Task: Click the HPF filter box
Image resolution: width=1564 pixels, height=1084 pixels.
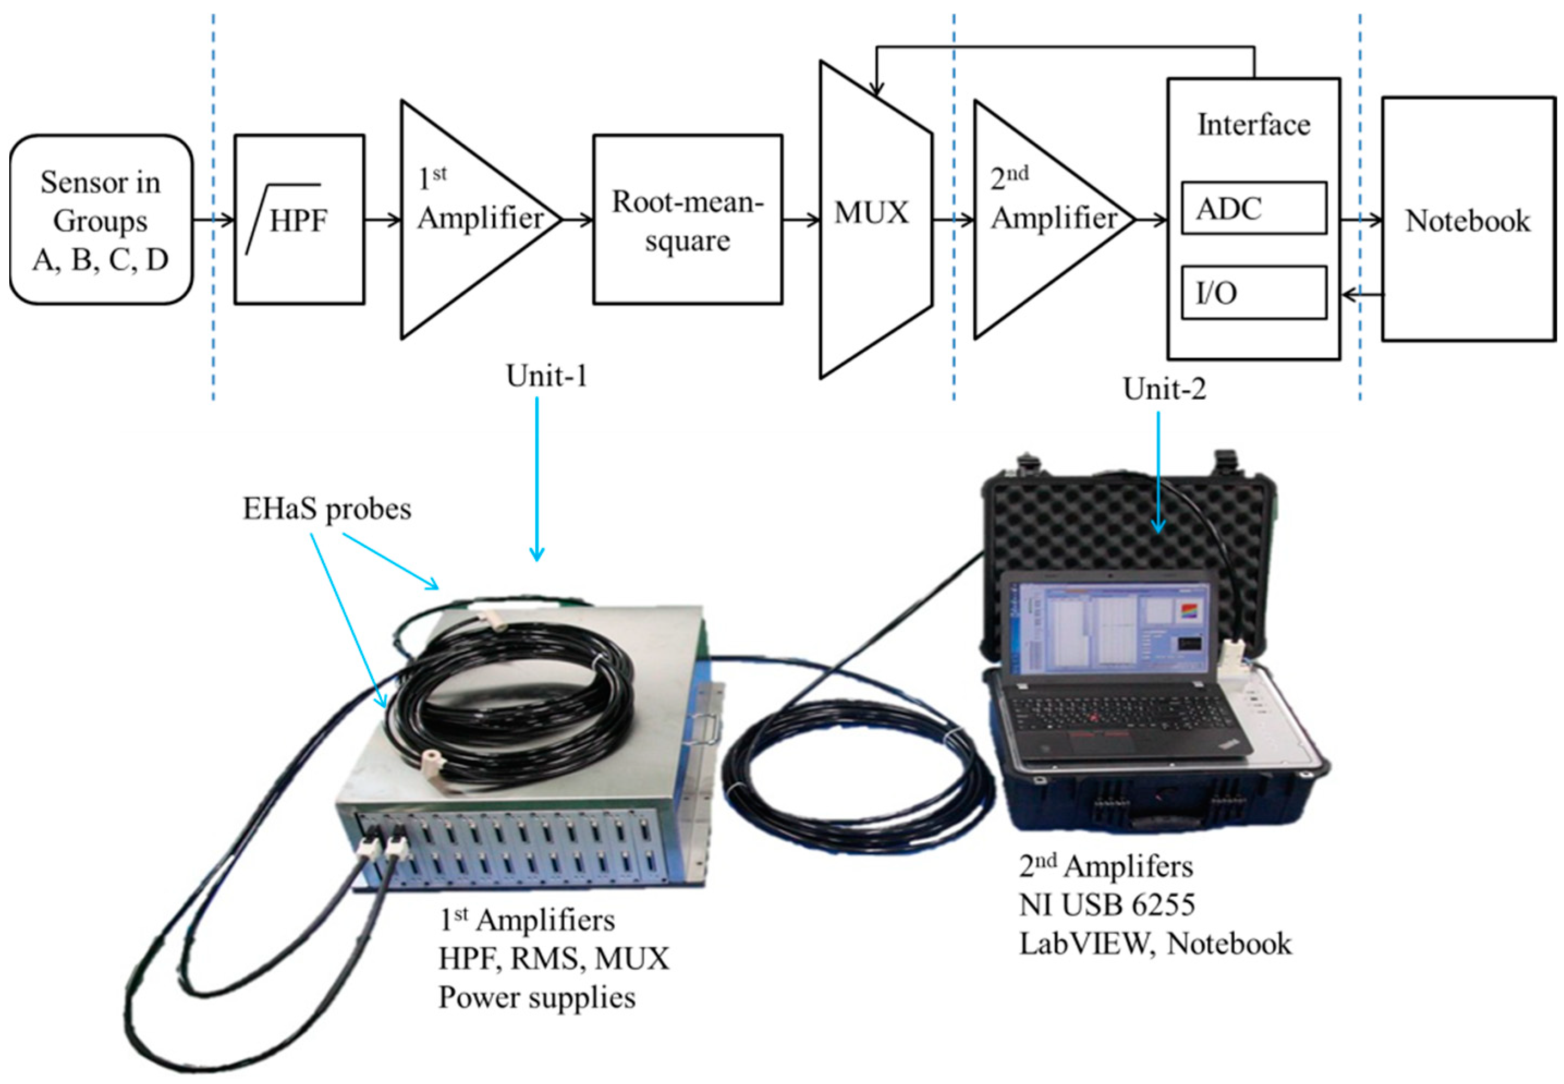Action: point(299,219)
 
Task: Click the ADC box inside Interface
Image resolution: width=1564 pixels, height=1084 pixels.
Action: point(1254,208)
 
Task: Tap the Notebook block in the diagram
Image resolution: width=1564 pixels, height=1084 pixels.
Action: point(1468,219)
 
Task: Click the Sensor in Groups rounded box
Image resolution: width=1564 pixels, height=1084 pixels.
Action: point(101,219)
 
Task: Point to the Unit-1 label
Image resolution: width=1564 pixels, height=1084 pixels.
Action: point(546,376)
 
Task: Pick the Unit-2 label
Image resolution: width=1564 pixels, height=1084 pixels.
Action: point(1164,389)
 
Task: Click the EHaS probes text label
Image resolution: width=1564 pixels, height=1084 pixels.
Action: point(327,509)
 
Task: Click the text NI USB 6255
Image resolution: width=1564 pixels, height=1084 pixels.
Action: point(1107,905)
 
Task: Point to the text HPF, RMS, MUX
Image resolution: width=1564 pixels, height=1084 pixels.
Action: point(554,958)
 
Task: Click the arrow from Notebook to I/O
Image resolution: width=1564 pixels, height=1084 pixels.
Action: point(1361,295)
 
